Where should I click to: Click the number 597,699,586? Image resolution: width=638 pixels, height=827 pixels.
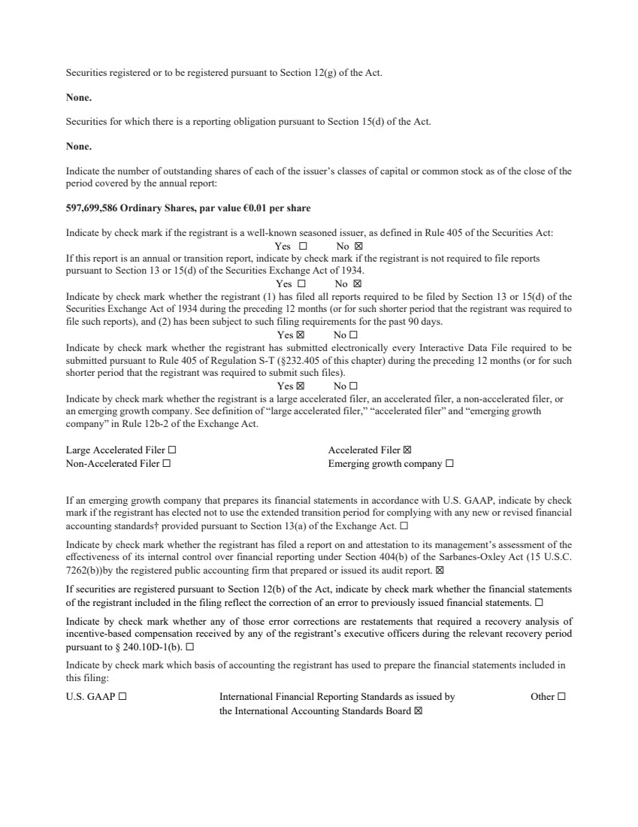pos(91,208)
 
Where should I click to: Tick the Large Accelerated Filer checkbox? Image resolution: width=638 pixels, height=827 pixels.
pos(172,450)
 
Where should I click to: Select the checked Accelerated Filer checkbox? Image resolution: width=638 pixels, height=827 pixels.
pos(407,450)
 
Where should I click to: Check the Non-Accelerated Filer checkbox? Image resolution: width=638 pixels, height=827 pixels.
pos(167,464)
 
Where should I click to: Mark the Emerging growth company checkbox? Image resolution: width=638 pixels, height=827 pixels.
pos(449,464)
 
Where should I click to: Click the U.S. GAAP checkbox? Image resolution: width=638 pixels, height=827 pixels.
pos(122,697)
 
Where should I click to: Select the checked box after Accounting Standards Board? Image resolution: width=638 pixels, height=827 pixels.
pos(419,710)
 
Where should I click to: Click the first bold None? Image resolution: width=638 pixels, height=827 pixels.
pos(79,97)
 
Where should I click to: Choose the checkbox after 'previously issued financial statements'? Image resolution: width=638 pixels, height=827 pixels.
pos(539,603)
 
